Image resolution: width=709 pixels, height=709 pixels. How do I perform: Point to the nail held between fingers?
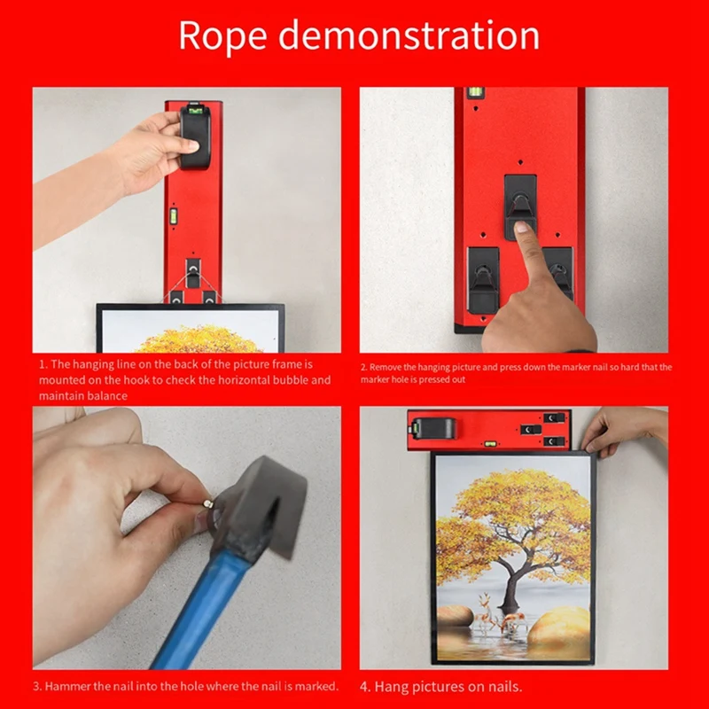(210, 503)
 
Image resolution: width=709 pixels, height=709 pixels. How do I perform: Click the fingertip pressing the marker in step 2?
(522, 232)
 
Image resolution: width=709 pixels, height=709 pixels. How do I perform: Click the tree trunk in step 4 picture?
(511, 576)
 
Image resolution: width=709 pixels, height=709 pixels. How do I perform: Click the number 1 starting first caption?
(41, 364)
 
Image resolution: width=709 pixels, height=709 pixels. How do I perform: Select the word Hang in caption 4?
(390, 686)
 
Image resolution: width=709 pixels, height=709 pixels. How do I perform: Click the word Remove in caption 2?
(386, 367)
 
